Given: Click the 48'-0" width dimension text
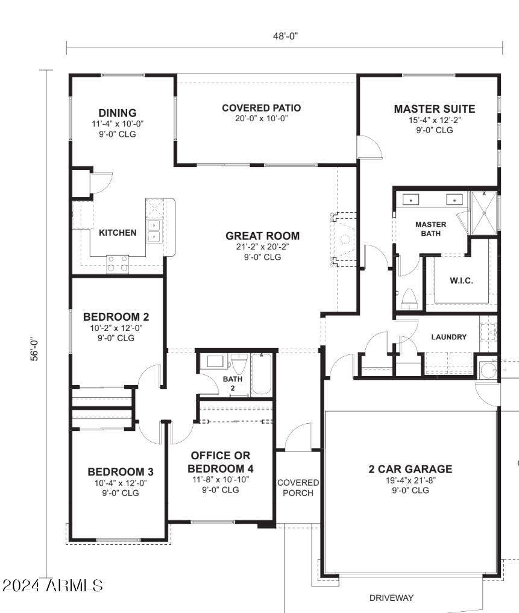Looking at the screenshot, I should point(285,36).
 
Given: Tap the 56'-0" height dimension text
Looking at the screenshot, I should point(35,349).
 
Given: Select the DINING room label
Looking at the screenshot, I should point(118,113).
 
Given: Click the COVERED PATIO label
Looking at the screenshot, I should point(261,108).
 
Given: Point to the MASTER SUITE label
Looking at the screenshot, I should point(434,109).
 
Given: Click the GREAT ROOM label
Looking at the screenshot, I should point(262,236).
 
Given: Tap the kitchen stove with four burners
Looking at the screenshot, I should point(118,263).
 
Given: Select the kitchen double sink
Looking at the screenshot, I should point(154,230).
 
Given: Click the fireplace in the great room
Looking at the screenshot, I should point(344,239).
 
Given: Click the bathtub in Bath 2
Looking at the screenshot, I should point(262,374).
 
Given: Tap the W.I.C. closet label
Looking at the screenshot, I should point(461,281).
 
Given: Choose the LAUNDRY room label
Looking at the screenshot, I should point(448,337).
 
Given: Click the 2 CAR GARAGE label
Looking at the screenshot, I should point(410,469).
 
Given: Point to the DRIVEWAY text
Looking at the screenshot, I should point(391,598).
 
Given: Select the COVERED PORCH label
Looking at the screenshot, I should point(298,488).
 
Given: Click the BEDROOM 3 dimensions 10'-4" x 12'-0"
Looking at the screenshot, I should point(121,483).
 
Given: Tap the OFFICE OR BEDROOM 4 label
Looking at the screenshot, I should point(220,462).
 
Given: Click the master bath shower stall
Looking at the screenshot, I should point(483,212).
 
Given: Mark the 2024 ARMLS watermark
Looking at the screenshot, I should point(52,585).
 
